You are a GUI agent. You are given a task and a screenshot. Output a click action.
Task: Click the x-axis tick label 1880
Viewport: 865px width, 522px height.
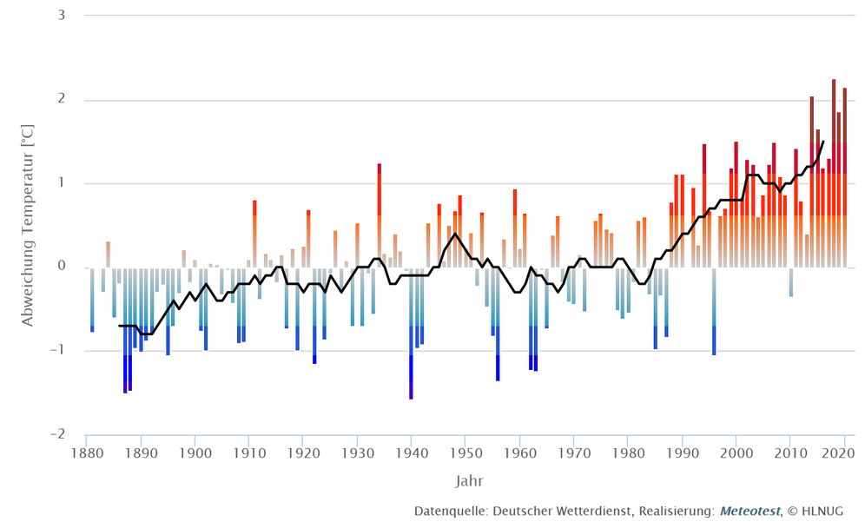(86, 453)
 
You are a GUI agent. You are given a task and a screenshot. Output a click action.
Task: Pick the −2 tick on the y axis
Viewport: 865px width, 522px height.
(59, 434)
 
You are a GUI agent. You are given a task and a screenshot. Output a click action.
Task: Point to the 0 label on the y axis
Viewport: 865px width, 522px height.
(63, 267)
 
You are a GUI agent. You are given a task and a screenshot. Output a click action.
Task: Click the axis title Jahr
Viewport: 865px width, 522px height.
(471, 480)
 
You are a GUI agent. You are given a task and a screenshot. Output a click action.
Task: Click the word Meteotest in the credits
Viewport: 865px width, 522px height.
(749, 511)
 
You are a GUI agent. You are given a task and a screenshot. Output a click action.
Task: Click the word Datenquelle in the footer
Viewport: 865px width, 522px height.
(451, 511)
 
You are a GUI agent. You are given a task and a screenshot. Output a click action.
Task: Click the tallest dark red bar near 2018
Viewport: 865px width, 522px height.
(834, 174)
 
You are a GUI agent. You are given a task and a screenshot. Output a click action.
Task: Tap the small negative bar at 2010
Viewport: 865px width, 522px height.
(790, 281)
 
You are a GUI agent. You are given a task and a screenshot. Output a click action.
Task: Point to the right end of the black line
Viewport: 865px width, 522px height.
(823, 142)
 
